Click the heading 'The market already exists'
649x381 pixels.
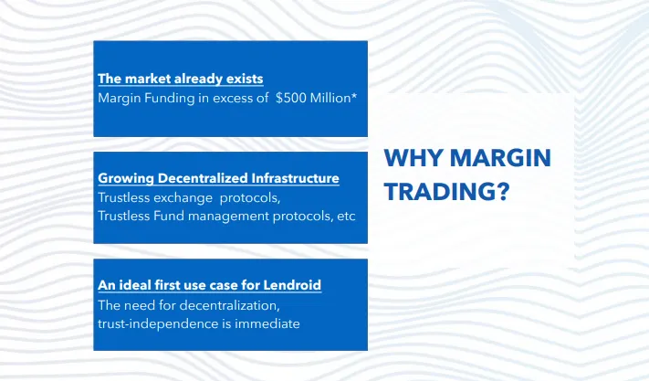[x=181, y=79]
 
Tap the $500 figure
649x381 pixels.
[x=291, y=98]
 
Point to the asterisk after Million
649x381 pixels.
[x=354, y=95]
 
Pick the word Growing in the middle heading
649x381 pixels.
[x=126, y=178]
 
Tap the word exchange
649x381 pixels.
[x=183, y=198]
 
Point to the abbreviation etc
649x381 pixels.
[x=346, y=217]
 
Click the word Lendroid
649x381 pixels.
[x=292, y=285]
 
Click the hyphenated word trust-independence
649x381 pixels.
[x=158, y=323]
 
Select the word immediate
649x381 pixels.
[x=267, y=323]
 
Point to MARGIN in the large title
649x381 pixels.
[x=500, y=158]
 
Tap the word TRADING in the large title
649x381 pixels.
[x=439, y=191]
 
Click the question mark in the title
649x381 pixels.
[x=502, y=191]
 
